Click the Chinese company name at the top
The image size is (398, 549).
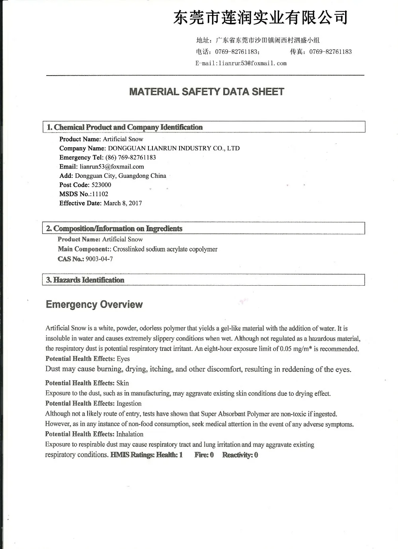point(261,18)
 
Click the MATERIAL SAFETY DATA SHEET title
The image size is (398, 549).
point(207,92)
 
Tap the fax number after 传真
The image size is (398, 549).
point(330,52)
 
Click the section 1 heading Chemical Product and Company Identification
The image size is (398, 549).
point(125,127)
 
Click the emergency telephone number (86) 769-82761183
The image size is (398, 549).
point(131,158)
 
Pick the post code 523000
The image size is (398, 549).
point(101,185)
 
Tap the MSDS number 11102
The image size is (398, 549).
point(100,194)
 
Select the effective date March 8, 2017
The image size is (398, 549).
point(123,203)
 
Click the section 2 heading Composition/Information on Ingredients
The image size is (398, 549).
point(114,229)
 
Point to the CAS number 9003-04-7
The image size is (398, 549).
point(99,259)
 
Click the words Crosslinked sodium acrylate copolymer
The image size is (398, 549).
point(165,249)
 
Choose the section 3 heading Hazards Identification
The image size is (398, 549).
point(85,280)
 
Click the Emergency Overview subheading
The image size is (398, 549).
point(94,305)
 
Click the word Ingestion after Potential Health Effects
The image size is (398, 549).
point(129,403)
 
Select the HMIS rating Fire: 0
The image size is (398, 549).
point(204,455)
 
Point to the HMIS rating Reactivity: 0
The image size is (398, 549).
point(240,455)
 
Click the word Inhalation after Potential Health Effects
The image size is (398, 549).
point(130,434)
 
